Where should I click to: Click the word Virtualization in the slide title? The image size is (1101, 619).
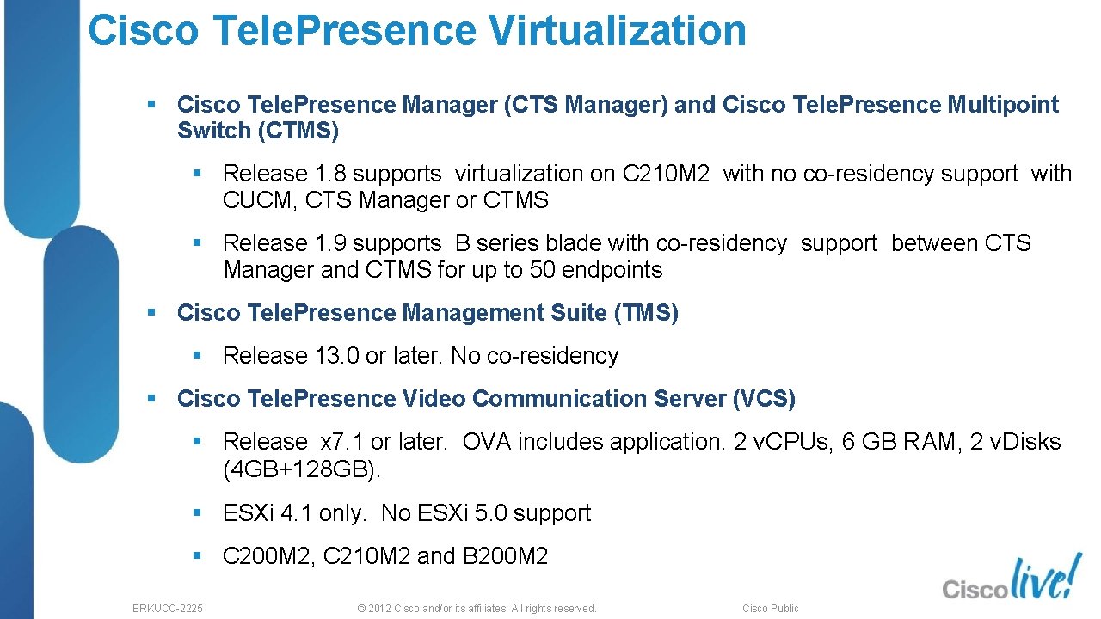pos(617,30)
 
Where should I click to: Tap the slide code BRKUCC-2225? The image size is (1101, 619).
pos(168,608)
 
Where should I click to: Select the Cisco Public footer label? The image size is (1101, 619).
pos(770,608)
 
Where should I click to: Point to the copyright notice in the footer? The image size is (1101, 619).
pos(476,608)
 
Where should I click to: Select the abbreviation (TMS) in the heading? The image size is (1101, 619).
pos(645,313)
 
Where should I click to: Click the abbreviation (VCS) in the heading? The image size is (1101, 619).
pos(763,399)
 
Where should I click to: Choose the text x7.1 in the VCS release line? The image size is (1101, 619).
pos(341,442)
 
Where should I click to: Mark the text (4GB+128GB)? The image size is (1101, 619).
pos(301,470)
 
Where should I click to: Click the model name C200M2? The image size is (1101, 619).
pos(269,556)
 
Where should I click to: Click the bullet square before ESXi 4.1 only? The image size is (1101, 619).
pos(197,512)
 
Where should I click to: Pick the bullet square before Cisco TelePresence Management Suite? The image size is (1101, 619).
pos(151,312)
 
